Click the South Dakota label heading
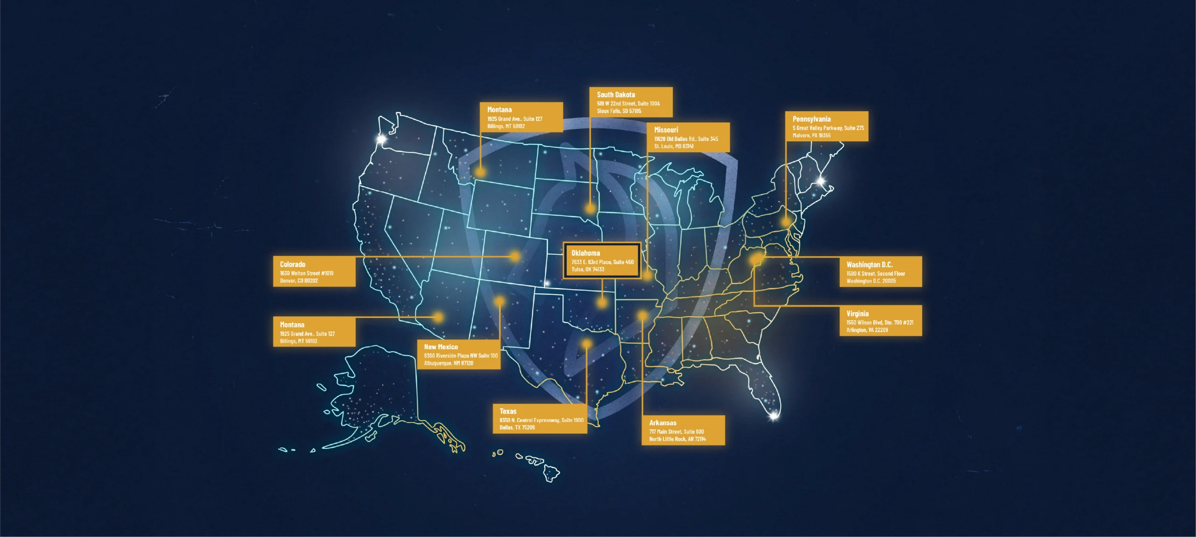[616, 95]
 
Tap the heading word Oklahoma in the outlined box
[585, 253]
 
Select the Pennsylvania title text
[812, 119]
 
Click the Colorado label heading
[292, 264]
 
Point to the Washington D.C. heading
[869, 265]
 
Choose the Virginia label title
[857, 314]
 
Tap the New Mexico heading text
[441, 347]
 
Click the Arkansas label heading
[662, 423]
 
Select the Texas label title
[508, 411]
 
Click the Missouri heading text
[666, 130]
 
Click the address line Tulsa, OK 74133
[588, 269]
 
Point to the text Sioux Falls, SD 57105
[619, 111]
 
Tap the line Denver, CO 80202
[299, 281]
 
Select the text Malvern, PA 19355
[812, 135]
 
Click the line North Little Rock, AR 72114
[677, 439]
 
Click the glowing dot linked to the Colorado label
[515, 256]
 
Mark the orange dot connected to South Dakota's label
[591, 208]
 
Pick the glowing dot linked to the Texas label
[586, 344]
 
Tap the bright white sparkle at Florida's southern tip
[774, 415]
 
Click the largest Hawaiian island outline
[551, 474]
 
